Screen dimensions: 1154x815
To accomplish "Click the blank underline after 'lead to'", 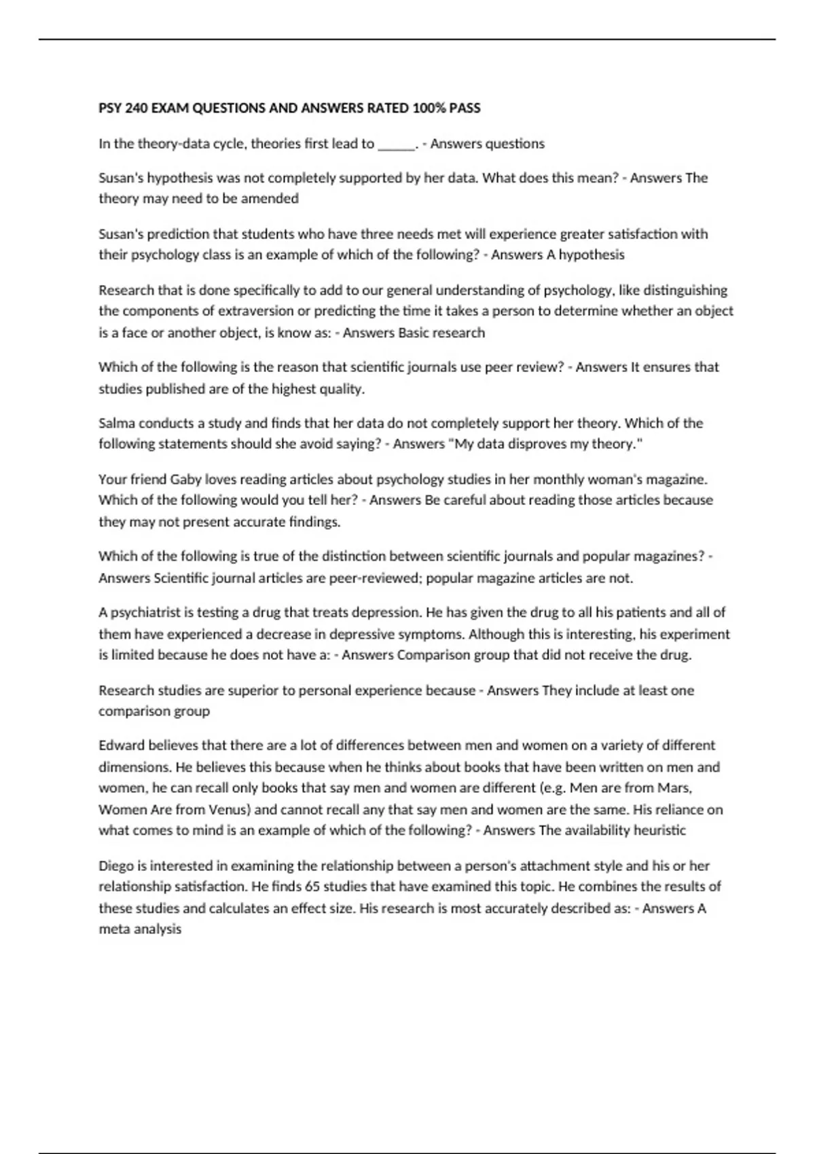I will [x=395, y=144].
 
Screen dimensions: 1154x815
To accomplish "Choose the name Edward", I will [x=122, y=745].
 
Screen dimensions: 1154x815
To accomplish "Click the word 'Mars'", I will [x=676, y=788].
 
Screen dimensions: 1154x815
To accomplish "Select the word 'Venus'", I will [x=228, y=810].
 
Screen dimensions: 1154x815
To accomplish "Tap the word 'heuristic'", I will [x=659, y=830].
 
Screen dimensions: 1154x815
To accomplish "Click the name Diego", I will [x=117, y=866].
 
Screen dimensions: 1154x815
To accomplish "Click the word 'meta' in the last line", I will [x=113, y=929].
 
